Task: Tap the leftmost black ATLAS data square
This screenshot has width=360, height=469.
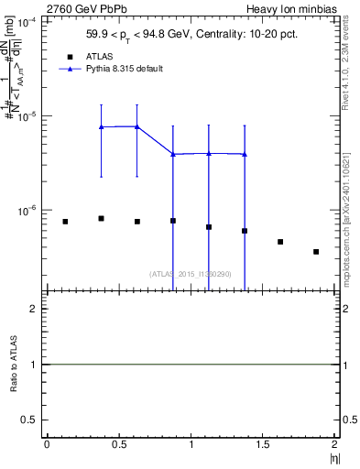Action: (65, 222)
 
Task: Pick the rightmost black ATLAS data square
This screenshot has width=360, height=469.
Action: (316, 252)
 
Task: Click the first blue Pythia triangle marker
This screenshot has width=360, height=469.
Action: (101, 127)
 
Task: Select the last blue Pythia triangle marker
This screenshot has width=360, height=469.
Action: (245, 154)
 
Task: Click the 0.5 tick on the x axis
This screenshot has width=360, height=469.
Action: (118, 445)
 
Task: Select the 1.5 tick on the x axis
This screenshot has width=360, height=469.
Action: (263, 445)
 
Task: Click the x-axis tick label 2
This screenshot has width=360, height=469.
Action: (335, 445)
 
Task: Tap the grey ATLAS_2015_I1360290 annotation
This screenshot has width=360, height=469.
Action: (191, 273)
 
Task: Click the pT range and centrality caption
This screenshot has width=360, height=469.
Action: (191, 38)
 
